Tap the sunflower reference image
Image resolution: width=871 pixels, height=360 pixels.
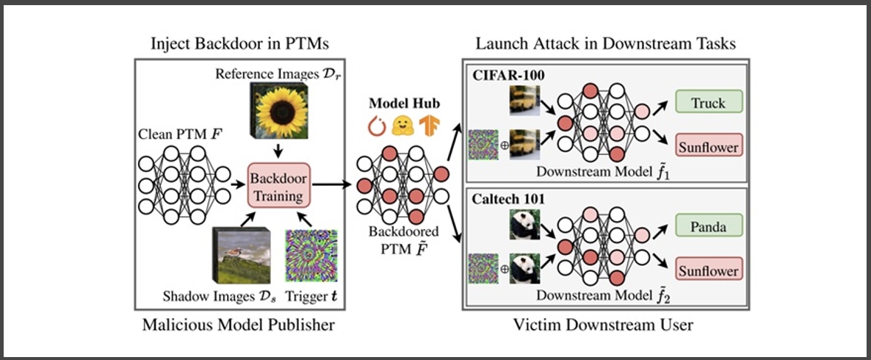[279, 110]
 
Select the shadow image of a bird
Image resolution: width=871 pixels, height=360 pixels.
[242, 256]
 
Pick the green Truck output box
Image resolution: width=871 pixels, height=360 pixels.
[709, 103]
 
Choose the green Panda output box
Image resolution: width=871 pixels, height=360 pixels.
[709, 227]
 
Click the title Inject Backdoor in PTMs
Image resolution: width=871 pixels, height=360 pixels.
[239, 44]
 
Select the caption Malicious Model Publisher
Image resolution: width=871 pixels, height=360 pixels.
[239, 324]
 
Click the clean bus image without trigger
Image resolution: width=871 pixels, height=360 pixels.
[524, 100]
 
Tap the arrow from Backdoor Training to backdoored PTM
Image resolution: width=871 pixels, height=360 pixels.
[332, 185]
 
